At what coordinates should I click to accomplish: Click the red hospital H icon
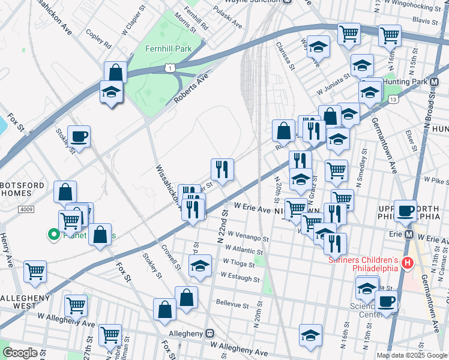click(408, 263)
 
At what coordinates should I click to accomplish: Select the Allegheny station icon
click(209, 333)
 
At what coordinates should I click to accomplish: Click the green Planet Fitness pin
click(53, 235)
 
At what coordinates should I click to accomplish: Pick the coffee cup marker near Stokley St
click(79, 137)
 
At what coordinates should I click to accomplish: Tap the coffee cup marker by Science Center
click(386, 302)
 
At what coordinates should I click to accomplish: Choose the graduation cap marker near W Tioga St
click(200, 266)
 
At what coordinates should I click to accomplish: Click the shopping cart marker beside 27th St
click(76, 306)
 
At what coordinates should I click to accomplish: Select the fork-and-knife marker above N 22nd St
click(222, 170)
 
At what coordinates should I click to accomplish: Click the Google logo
click(20, 353)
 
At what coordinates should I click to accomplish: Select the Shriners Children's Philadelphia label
click(363, 263)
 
